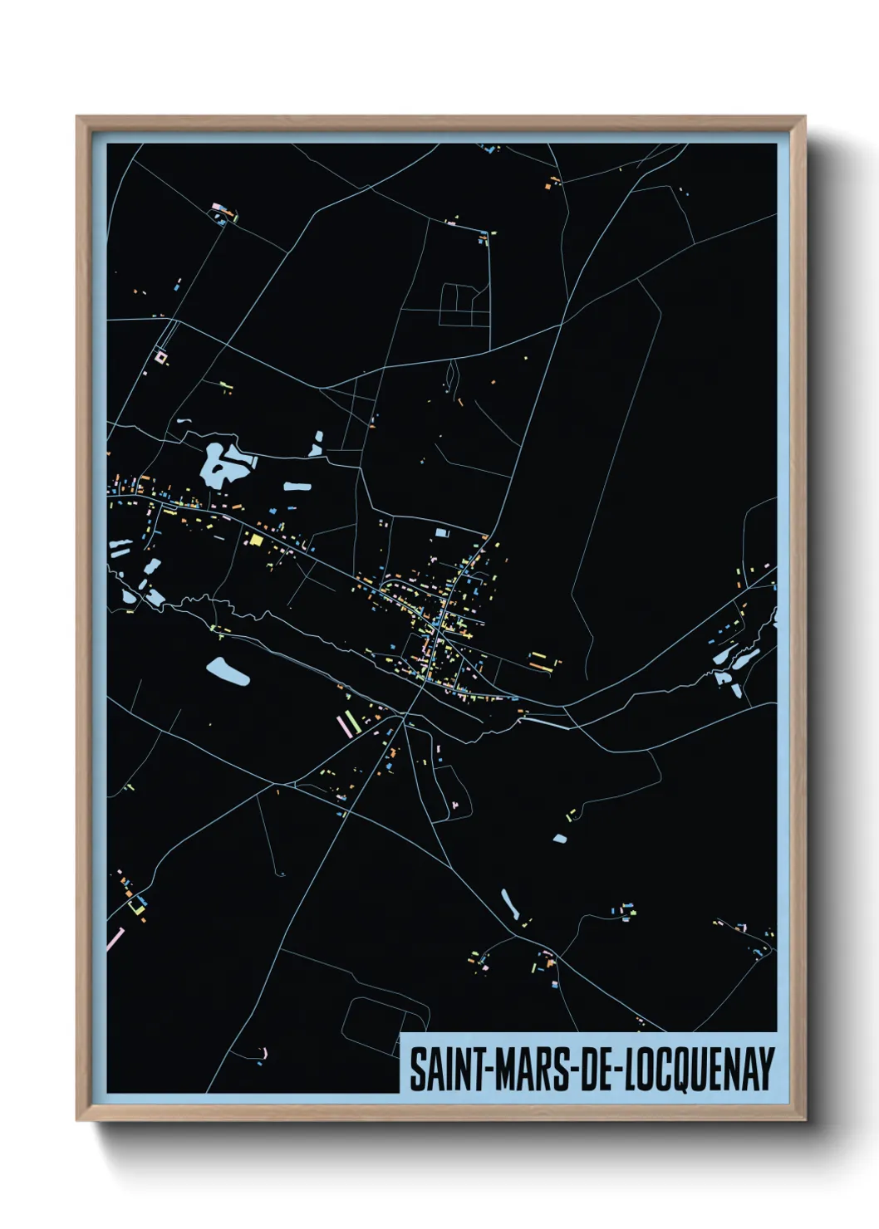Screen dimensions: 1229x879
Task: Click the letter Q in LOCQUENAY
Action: (x=679, y=1070)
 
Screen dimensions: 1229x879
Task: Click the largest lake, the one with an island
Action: (x=218, y=465)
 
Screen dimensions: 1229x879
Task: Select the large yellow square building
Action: (x=256, y=540)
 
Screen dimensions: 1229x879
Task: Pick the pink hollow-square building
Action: (x=160, y=358)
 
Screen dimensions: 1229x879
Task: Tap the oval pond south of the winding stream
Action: (x=228, y=671)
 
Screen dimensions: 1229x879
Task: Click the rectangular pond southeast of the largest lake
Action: (x=297, y=487)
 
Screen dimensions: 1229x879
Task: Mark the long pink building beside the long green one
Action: (x=343, y=726)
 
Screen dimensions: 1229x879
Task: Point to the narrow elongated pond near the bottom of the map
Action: (x=509, y=904)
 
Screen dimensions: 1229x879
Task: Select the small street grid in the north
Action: (x=464, y=305)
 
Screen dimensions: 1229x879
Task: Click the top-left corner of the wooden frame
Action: (x=77, y=118)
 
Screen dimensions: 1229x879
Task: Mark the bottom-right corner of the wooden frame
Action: (x=804, y=1119)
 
